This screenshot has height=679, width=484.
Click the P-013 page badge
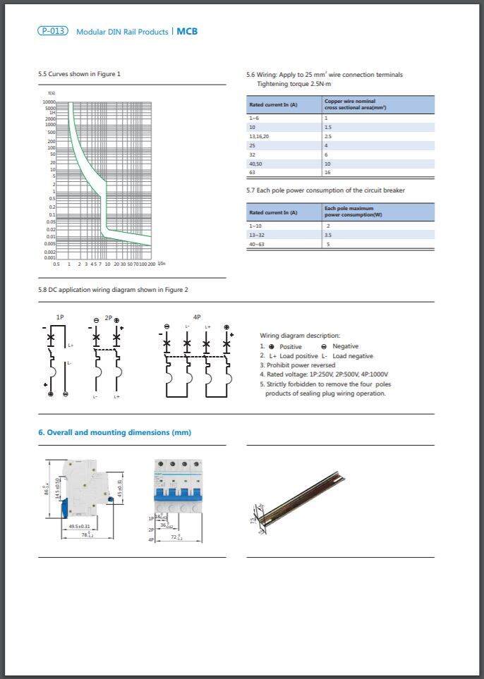[x=53, y=31]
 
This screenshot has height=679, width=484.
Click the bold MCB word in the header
[x=187, y=32]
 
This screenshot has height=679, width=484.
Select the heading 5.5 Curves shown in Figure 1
[x=79, y=74]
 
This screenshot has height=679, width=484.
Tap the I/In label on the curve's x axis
[x=162, y=263]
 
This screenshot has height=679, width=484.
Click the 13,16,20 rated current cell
[x=259, y=136]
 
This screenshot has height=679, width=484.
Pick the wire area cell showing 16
[x=327, y=172]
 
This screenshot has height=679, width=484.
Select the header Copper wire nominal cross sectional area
[x=355, y=104]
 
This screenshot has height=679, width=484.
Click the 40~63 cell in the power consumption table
[x=257, y=244]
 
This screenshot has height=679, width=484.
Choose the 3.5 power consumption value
[x=328, y=235]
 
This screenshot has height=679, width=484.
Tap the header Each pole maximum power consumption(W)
[x=353, y=212]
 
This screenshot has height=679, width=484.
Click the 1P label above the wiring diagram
[x=60, y=318]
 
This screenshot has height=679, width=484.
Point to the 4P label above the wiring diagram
[x=197, y=317]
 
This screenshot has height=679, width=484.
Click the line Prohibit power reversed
[x=298, y=365]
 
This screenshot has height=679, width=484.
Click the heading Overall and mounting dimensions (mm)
[x=114, y=432]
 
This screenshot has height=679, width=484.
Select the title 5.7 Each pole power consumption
[x=325, y=190]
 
